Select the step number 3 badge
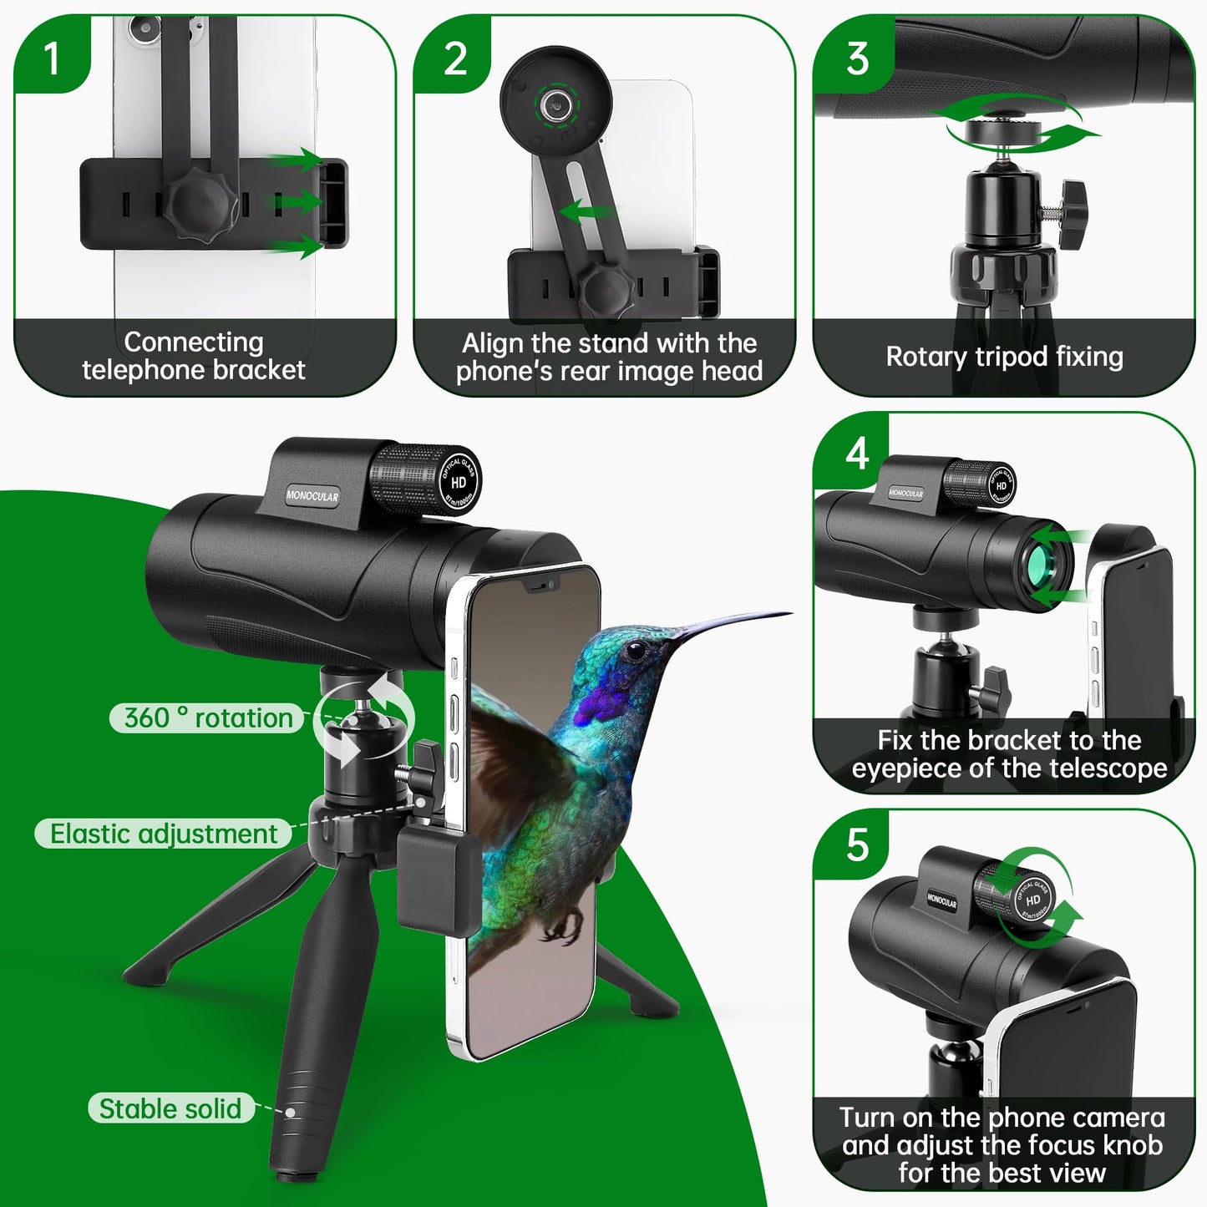pyautogui.click(x=857, y=58)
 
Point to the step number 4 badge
pyautogui.click(x=857, y=454)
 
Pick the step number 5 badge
pyautogui.click(x=857, y=845)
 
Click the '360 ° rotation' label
pyautogui.click(x=208, y=718)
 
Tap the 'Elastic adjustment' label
pyautogui.click(x=164, y=834)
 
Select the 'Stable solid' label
pyautogui.click(x=170, y=1108)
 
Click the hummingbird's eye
pyautogui.click(x=636, y=649)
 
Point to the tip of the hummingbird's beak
pyautogui.click(x=789, y=613)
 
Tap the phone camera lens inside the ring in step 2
pyautogui.click(x=554, y=104)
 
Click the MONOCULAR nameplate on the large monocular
pyautogui.click(x=312, y=496)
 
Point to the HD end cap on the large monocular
pyautogui.click(x=459, y=482)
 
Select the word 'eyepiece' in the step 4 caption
pyautogui.click(x=906, y=768)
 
